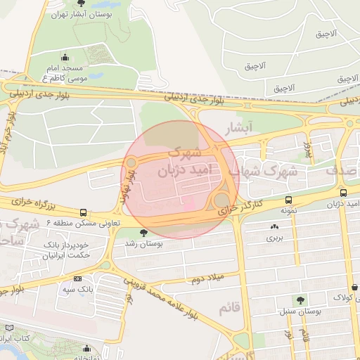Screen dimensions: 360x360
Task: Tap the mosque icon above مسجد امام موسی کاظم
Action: click(65, 58)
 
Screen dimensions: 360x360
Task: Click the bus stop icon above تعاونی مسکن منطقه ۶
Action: click(84, 212)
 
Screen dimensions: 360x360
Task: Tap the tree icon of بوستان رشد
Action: click(143, 233)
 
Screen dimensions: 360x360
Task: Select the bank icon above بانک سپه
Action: click(77, 279)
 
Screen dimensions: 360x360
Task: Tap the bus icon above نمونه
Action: click(288, 200)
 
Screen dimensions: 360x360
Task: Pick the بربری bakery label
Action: click(273, 238)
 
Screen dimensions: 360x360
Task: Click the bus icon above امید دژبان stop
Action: click(343, 193)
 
